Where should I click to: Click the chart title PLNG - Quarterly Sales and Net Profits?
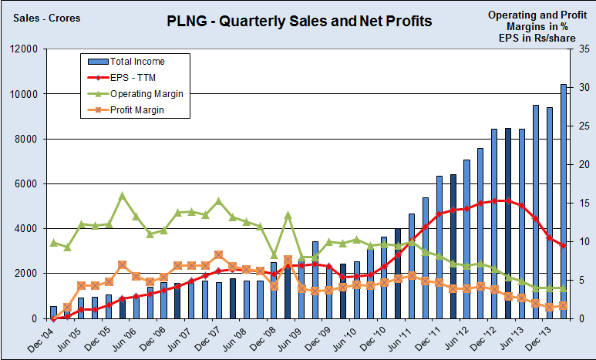(x=299, y=21)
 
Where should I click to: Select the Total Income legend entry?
(x=137, y=61)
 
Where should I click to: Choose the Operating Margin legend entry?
(x=146, y=93)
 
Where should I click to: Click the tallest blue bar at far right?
(x=564, y=200)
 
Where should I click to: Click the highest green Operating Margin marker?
(x=122, y=195)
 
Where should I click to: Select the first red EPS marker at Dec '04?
(x=53, y=318)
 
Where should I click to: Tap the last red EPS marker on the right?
(x=564, y=246)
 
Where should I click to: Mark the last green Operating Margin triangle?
(x=564, y=288)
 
